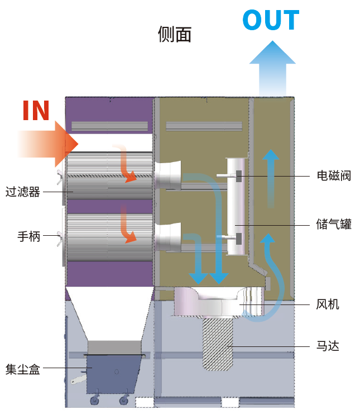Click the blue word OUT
(271, 21)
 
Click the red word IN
(36, 111)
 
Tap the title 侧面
(175, 35)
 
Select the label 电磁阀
(333, 176)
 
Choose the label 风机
(328, 304)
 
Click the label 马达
(328, 346)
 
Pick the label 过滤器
(22, 192)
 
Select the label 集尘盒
(22, 369)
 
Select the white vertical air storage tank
(234, 207)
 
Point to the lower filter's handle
(61, 239)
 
